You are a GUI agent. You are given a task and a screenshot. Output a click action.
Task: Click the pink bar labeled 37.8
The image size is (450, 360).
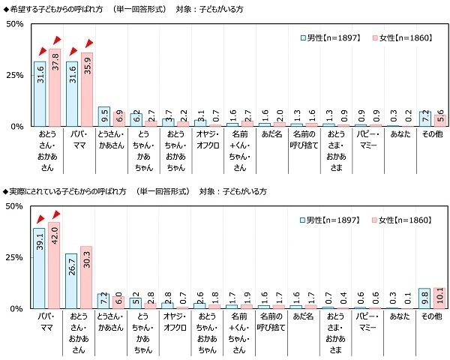click(54, 88)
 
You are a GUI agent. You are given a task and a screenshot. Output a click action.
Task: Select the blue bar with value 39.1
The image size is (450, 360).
click(40, 268)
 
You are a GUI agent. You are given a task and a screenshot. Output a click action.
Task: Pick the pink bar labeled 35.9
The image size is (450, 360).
click(86, 90)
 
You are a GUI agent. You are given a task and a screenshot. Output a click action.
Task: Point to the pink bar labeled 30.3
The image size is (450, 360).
click(86, 277)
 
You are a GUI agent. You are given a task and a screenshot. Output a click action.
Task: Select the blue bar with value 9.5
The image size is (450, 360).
click(104, 117)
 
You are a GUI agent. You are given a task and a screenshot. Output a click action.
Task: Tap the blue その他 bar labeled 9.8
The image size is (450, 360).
click(424, 298)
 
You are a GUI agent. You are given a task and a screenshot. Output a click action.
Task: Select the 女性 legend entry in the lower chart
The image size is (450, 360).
click(402, 220)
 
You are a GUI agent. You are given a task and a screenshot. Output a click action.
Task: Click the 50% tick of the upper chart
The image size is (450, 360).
click(15, 24)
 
